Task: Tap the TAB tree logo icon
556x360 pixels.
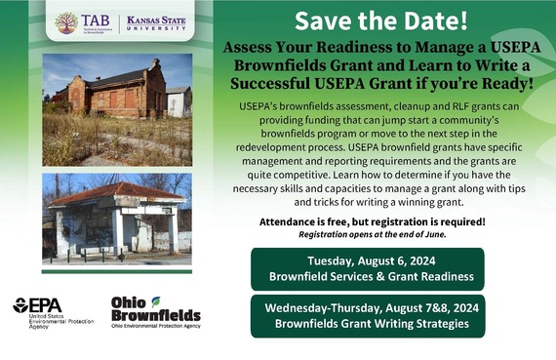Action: [x=66, y=22]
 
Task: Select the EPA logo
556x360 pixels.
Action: [x=37, y=304]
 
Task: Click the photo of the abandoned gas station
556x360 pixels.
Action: [x=117, y=220]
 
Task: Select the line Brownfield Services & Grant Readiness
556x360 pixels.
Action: [x=367, y=277]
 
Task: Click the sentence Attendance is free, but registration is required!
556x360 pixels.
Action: [x=372, y=221]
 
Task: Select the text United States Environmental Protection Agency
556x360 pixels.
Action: [x=48, y=323]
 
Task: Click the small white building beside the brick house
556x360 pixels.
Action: [x=179, y=100]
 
